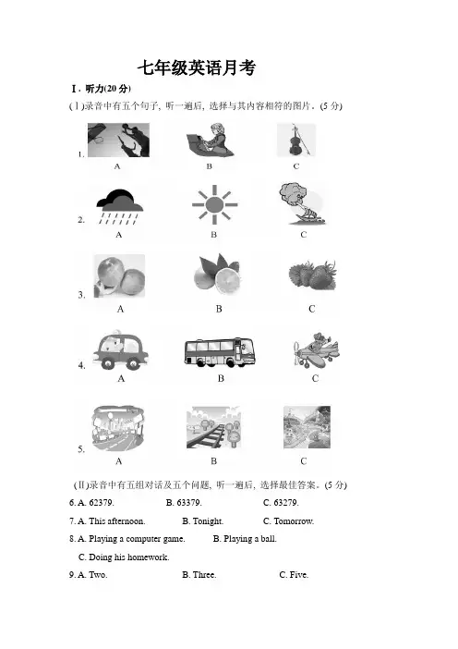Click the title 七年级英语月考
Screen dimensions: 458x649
pyautogui.click(x=197, y=67)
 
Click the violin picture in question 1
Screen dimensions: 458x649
pyautogui.click(x=296, y=140)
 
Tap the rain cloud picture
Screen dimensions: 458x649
pyautogui.click(x=120, y=207)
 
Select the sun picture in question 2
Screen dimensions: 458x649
pyautogui.click(x=214, y=204)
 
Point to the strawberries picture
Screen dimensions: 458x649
pyautogui.click(x=312, y=276)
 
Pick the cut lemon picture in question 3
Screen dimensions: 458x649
pyautogui.click(x=217, y=275)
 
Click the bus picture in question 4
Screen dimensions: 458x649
pyautogui.click(x=220, y=352)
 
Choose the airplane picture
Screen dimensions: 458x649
pyautogui.click(x=316, y=349)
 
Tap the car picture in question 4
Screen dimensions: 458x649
pyautogui.click(x=120, y=349)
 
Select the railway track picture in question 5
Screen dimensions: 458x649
pyautogui.click(x=213, y=427)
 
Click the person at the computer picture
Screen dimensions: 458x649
pyautogui.click(x=210, y=140)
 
